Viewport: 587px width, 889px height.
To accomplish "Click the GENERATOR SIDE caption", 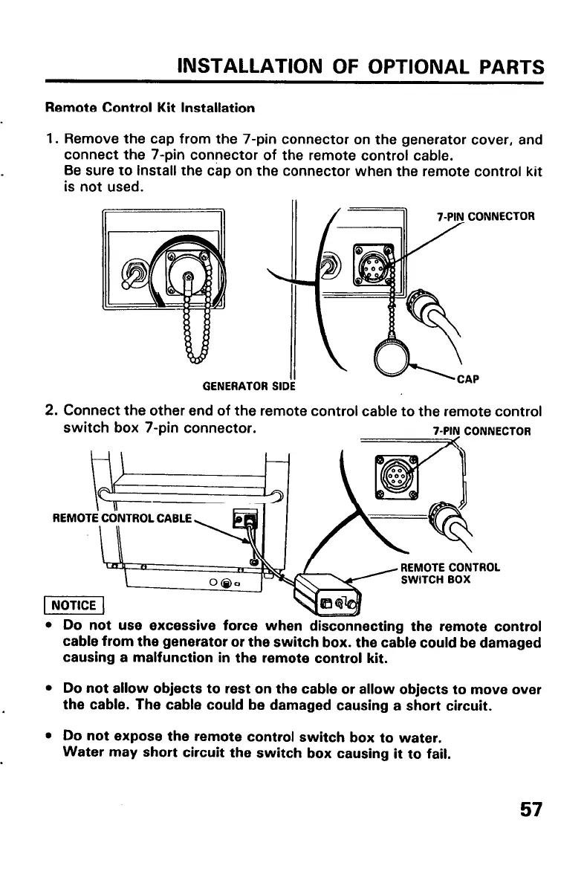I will pyautogui.click(x=250, y=385).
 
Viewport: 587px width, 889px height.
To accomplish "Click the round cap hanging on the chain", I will pyautogui.click(x=395, y=359).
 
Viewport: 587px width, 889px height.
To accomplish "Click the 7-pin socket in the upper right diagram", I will pyautogui.click(x=369, y=264).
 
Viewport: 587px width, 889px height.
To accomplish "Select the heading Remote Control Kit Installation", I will pyautogui.click(x=151, y=108).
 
